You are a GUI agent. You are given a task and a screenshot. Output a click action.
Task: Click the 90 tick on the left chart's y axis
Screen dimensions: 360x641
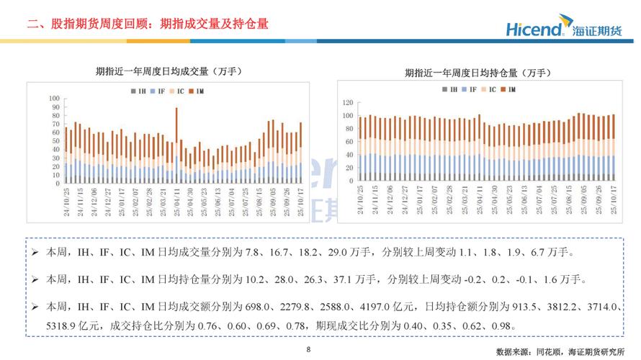(x=55, y=107)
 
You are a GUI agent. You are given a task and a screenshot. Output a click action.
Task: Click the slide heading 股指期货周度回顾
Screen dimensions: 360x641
(x=94, y=24)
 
